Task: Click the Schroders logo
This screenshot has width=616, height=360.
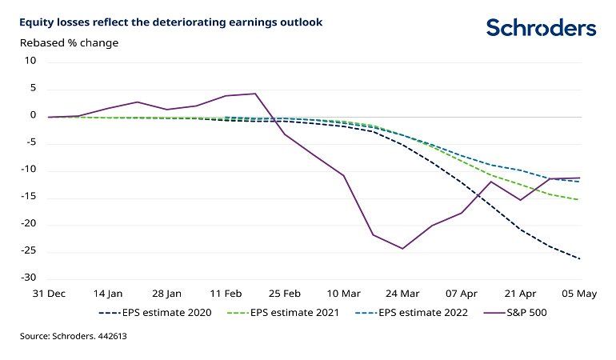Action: [541, 28]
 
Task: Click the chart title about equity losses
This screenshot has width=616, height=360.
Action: [171, 22]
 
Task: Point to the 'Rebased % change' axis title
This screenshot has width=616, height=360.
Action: [69, 42]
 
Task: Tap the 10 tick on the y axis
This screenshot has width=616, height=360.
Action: [31, 61]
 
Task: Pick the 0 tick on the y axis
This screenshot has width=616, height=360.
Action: [34, 116]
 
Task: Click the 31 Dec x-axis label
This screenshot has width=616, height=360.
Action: [48, 294]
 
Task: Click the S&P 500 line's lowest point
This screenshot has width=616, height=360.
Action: [402, 248]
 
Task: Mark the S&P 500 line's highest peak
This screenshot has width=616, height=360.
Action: [255, 94]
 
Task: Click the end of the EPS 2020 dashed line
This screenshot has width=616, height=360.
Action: [579, 258]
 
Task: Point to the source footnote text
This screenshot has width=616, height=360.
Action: [74, 337]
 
